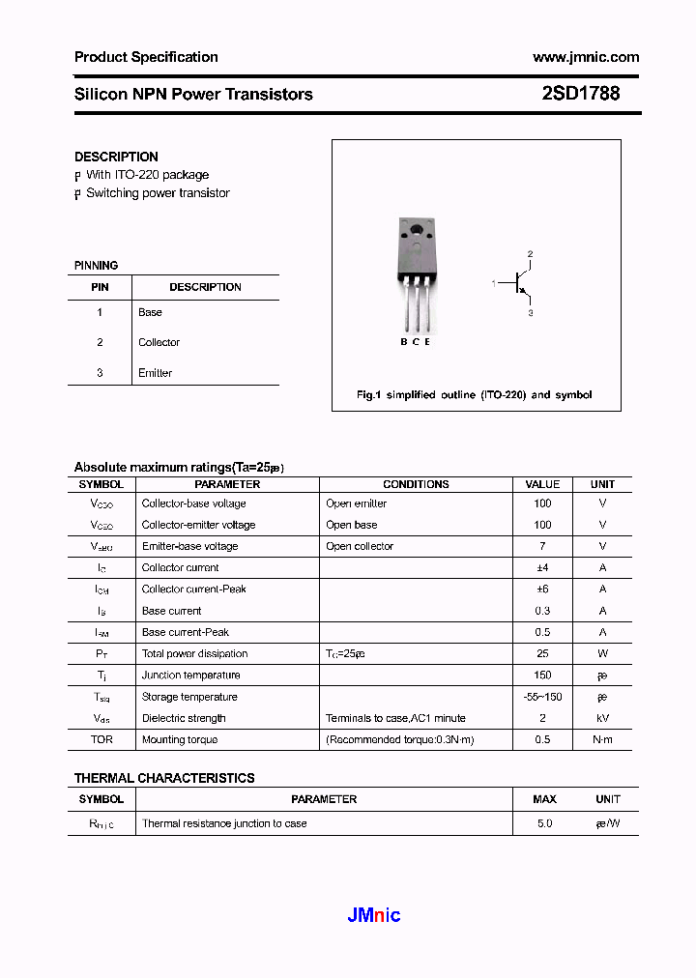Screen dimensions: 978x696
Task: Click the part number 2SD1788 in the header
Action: coord(580,95)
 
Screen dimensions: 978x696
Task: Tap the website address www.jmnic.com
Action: coord(586,57)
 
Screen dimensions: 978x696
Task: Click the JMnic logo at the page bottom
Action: coord(373,915)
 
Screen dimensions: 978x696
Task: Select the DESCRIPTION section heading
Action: coord(116,157)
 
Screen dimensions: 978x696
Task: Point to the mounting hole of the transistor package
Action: coord(416,230)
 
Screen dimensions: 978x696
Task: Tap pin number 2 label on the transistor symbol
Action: coord(530,254)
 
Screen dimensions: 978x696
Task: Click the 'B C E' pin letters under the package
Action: coord(415,342)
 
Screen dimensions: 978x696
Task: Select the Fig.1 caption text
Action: coord(474,394)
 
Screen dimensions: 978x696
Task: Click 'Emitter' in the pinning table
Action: coord(155,373)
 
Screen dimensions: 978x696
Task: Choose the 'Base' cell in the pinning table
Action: coord(150,312)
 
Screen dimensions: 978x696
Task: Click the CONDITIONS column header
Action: coord(416,484)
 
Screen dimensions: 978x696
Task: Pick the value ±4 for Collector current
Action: coord(542,567)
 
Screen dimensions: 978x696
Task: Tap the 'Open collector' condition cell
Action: coord(360,546)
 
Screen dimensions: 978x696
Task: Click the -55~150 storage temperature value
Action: coord(542,697)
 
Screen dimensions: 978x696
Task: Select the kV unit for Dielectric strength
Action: coord(602,718)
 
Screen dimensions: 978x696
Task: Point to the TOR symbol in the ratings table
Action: coord(101,739)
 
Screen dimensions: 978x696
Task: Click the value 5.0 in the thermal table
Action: coord(544,823)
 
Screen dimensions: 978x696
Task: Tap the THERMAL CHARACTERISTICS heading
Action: coord(164,778)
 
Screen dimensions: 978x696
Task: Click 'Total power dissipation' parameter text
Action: coord(194,653)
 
